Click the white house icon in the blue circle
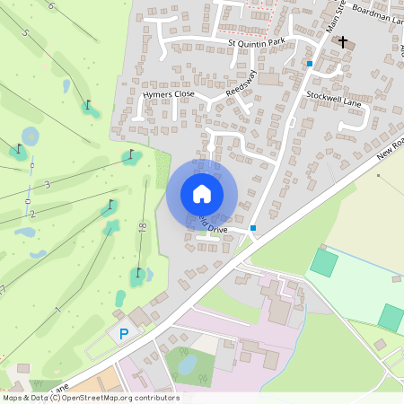click(202, 194)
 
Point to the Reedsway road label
click(242, 83)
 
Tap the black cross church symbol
click(341, 41)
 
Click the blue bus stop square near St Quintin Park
click(310, 64)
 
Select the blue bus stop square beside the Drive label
click(254, 228)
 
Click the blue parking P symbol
click(124, 333)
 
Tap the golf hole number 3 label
click(47, 184)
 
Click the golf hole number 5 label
click(25, 33)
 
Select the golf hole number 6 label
click(51, 5)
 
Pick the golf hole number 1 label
click(57, 310)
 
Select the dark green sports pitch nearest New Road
click(324, 263)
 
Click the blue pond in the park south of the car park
click(187, 364)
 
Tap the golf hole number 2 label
click(31, 214)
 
